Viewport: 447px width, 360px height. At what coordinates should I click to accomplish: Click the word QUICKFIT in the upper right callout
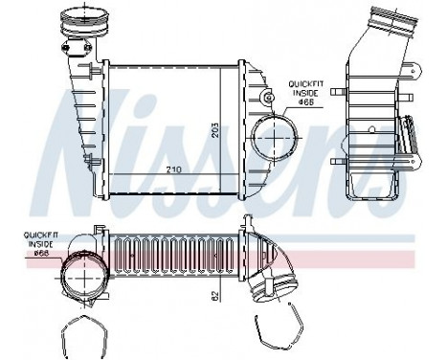[304, 85]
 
